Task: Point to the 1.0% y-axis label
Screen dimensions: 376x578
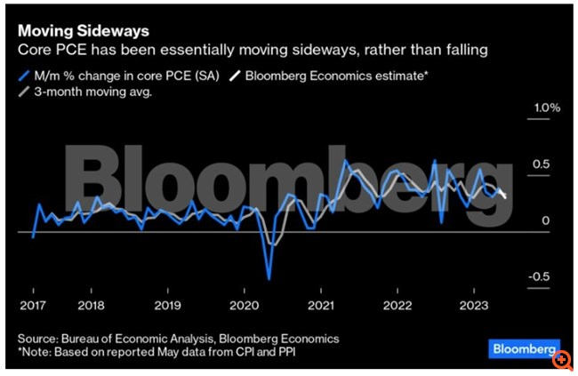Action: pos(545,108)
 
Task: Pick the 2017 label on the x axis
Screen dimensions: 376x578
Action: pos(32,304)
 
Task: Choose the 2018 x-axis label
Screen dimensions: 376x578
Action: pos(92,304)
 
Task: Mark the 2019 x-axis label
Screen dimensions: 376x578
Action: pos(168,304)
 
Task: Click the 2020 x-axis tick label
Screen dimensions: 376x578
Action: pos(243,304)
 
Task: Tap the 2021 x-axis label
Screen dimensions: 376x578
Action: pos(320,304)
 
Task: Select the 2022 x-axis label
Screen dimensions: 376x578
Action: pos(396,304)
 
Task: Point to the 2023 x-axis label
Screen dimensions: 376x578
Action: pos(471,304)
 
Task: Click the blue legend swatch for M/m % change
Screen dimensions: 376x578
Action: pos(23,76)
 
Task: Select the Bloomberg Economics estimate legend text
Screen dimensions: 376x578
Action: pos(337,76)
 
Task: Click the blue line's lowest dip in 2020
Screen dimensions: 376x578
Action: pos(268,278)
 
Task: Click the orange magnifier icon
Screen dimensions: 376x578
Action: pos(562,361)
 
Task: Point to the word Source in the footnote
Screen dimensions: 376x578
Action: pos(39,339)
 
